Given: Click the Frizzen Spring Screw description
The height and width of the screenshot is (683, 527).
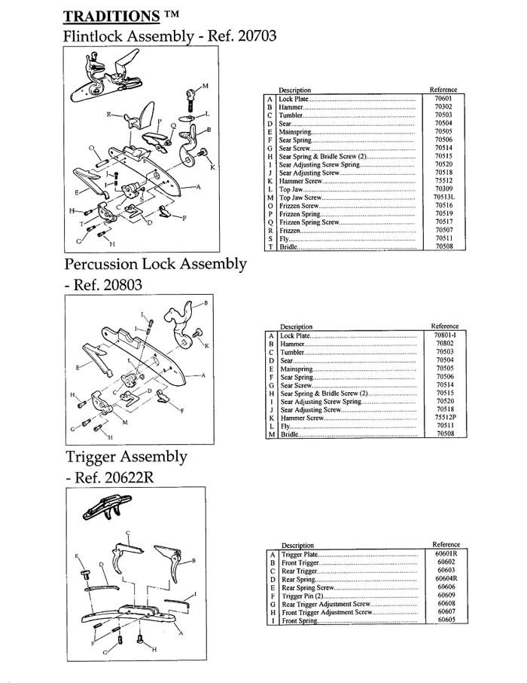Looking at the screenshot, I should (309, 222).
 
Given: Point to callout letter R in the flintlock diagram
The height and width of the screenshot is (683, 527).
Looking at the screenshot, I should (108, 115).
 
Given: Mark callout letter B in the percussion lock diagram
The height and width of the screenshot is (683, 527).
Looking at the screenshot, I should (206, 304).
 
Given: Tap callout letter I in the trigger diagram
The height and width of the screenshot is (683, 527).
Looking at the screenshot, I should (196, 594).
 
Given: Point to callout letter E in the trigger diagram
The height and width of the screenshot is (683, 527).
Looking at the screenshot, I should (76, 556).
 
